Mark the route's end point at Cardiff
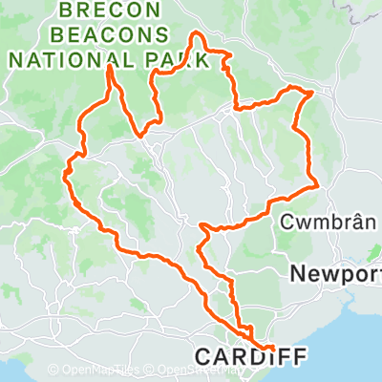pyautogui.click(x=273, y=348)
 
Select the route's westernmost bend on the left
pyautogui.click(x=65, y=171)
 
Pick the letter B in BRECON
pyautogui.click(x=66, y=11)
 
